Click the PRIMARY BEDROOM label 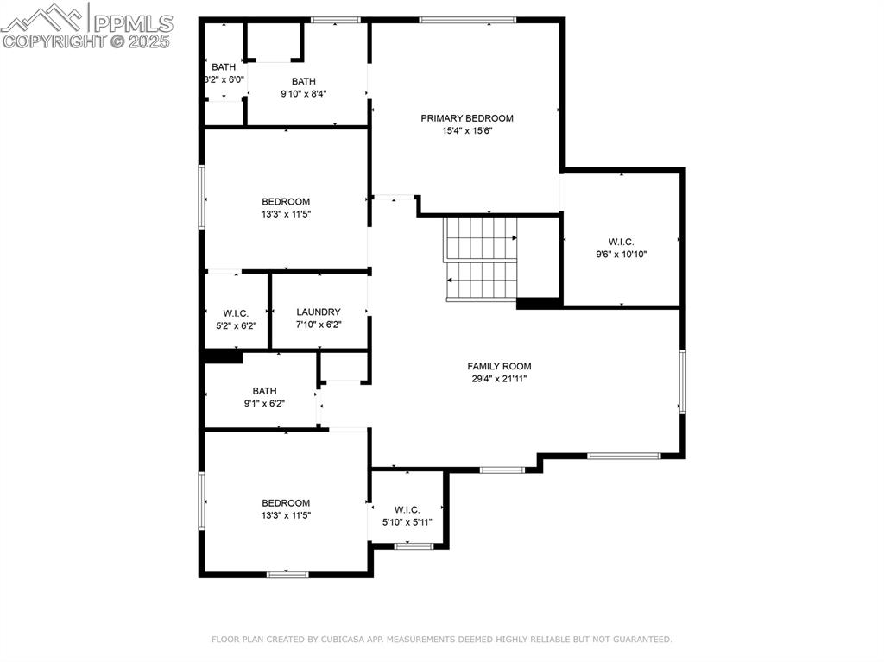(467, 118)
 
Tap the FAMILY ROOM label (499, 366)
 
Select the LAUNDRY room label (319, 312)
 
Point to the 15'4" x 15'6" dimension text (467, 131)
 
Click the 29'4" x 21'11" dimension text (499, 379)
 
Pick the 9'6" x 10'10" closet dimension (622, 255)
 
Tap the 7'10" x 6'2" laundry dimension (319, 325)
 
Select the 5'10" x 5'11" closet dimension (407, 522)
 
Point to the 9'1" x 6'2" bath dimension (264, 403)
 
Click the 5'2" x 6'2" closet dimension (236, 325)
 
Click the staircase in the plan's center (480, 259)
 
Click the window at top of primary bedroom (467, 20)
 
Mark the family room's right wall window (682, 381)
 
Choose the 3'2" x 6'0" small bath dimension (224, 79)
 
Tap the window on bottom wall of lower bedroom (287, 574)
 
